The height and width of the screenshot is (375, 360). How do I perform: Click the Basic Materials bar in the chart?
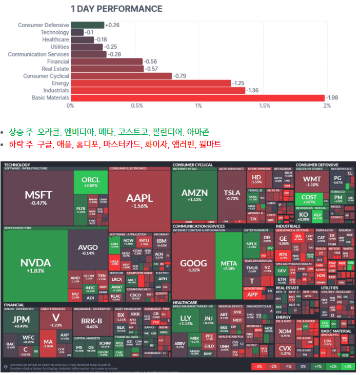[x=197, y=98]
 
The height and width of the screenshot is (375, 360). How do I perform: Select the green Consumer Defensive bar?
[x=87, y=25]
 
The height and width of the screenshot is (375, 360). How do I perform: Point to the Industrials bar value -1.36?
[x=252, y=91]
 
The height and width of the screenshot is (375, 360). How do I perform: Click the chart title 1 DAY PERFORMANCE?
[x=116, y=9]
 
